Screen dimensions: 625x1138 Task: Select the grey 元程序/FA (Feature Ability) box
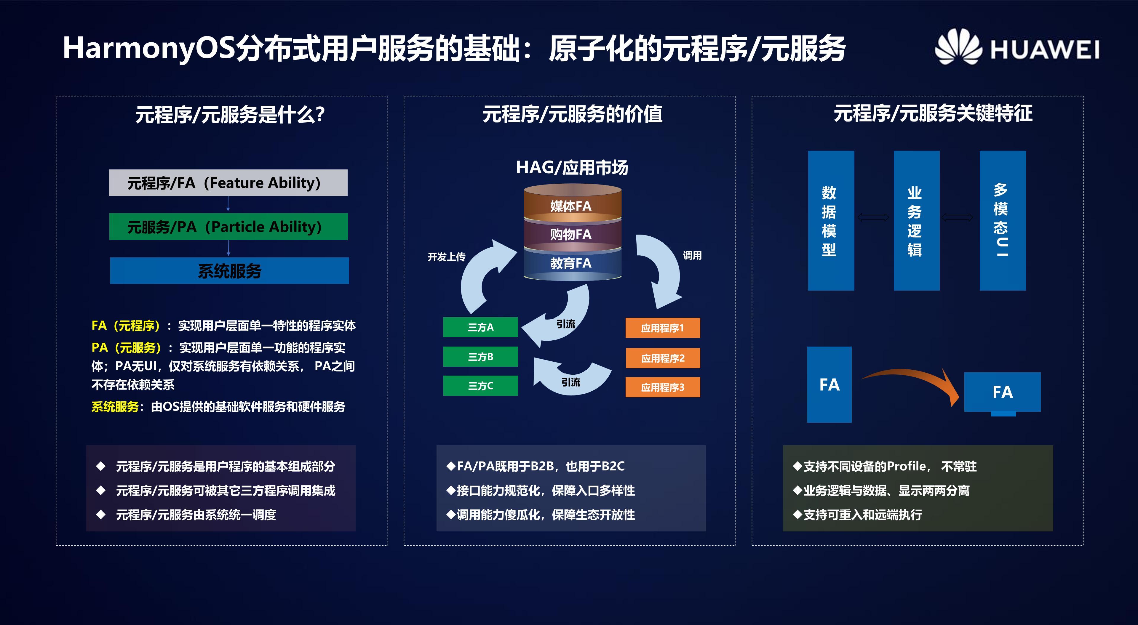coord(228,182)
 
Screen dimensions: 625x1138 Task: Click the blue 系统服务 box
coord(229,270)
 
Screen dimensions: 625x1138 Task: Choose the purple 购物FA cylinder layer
coord(572,234)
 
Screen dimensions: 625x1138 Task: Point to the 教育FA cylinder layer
coord(572,263)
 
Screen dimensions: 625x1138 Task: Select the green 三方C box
coord(480,386)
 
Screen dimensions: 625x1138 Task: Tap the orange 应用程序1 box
coord(662,328)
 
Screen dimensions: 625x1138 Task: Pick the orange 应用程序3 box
coord(662,387)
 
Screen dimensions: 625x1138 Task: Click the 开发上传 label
coord(446,257)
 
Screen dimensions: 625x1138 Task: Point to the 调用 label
coord(692,255)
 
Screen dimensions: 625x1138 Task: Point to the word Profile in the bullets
coord(906,466)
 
